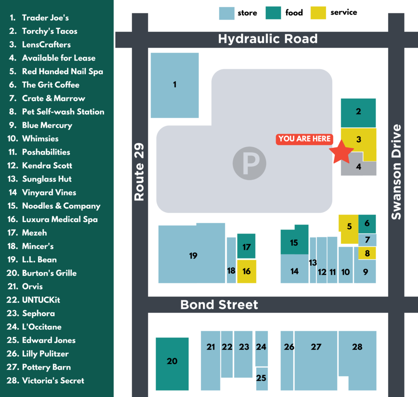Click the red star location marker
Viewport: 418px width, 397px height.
click(341, 152)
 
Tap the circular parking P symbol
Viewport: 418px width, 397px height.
click(249, 164)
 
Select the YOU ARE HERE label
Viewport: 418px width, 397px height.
click(305, 139)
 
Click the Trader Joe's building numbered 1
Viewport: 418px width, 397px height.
click(175, 85)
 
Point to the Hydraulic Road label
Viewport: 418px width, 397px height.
click(267, 39)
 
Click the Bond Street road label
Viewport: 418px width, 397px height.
click(219, 305)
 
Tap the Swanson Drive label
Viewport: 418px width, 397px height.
click(396, 172)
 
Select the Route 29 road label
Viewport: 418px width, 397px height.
click(140, 171)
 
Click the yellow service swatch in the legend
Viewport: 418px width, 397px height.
click(318, 13)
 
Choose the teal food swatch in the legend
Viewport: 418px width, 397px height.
click(273, 13)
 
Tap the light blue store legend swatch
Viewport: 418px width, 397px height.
click(227, 13)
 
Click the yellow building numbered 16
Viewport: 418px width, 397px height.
click(247, 271)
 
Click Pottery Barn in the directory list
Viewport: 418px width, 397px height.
click(46, 367)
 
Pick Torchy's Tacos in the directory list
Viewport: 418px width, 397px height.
click(49, 31)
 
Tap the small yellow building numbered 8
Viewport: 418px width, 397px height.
click(367, 253)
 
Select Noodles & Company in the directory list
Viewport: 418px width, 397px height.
click(61, 206)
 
